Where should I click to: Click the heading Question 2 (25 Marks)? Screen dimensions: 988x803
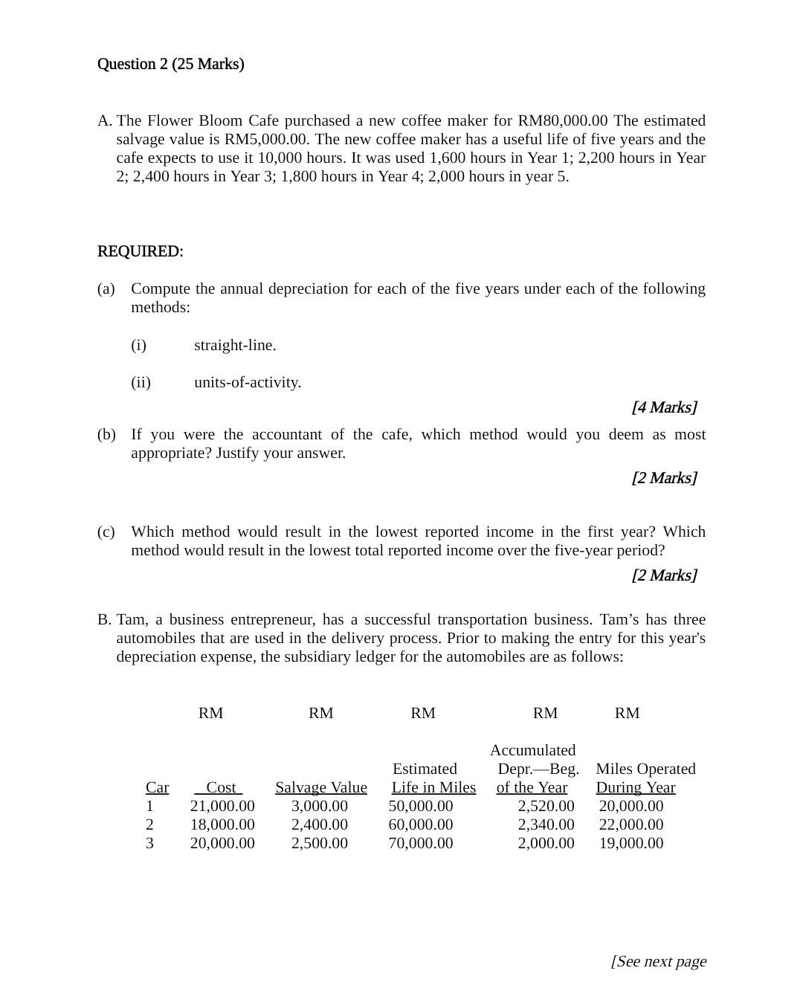[x=170, y=64]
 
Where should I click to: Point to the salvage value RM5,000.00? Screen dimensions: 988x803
[x=265, y=139]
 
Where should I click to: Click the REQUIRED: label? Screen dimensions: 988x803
[x=140, y=251]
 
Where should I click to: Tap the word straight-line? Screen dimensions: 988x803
[x=235, y=345]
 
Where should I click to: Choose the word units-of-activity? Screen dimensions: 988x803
[x=248, y=382]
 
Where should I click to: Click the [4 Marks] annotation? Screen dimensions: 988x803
[x=664, y=407]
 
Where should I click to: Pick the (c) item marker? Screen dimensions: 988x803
[x=106, y=532]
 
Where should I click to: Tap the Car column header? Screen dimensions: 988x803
[x=157, y=787]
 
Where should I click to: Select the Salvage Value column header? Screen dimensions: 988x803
[x=320, y=787]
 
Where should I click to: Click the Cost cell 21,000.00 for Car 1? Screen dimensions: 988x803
[x=222, y=806]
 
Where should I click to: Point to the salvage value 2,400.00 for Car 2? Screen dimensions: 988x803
[x=319, y=824]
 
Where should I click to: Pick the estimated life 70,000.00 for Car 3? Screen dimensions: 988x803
[x=420, y=843]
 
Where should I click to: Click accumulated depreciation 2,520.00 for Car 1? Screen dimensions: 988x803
[x=546, y=806]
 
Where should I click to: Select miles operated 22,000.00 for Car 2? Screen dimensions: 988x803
[x=631, y=824]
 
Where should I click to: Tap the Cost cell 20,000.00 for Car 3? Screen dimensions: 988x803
[x=222, y=843]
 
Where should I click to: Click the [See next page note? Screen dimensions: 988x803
[x=658, y=961]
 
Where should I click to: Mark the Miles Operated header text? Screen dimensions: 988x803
[x=645, y=769]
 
